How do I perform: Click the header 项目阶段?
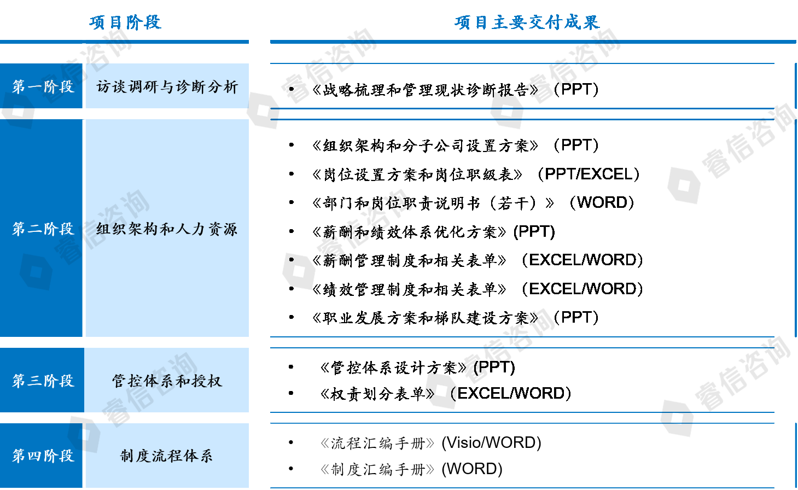125,22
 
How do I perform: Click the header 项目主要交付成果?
527,22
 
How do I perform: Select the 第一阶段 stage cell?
43,87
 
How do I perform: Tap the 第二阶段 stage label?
43,229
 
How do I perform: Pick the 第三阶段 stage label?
43,381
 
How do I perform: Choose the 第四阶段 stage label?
43,456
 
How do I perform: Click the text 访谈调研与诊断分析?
167,87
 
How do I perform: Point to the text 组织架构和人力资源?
167,229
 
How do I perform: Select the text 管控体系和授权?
167,381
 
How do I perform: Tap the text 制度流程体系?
167,456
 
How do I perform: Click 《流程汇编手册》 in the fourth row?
377,443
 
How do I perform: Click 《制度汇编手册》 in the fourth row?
377,469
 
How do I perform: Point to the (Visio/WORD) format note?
491,443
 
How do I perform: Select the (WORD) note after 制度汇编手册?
472,469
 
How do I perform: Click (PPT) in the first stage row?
576,89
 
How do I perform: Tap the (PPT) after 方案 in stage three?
494,367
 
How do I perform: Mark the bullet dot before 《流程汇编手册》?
291,442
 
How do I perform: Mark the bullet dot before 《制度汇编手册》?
291,469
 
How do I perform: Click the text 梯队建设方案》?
481,318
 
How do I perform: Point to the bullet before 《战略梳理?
292,89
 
